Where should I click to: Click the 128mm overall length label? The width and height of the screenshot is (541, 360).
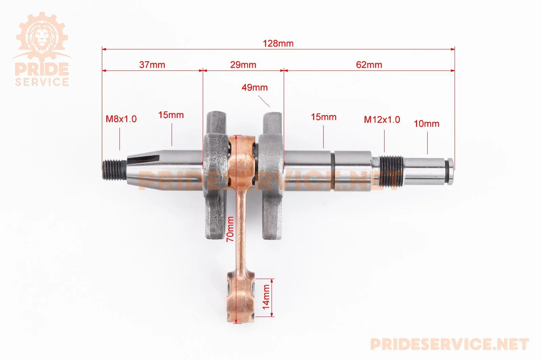[278, 44]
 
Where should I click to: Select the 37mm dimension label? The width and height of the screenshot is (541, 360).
[152, 65]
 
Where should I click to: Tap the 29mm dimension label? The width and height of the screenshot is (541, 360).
[243, 65]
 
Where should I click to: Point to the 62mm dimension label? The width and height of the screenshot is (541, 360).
[369, 65]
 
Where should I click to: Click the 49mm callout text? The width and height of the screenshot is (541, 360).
[255, 87]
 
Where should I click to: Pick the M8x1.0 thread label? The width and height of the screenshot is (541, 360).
[121, 119]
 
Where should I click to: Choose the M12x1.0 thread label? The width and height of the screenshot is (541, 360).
[382, 120]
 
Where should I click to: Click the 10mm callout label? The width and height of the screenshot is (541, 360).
[427, 124]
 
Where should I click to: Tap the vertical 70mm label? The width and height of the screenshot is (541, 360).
[230, 229]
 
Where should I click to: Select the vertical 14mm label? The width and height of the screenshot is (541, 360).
[266, 297]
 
